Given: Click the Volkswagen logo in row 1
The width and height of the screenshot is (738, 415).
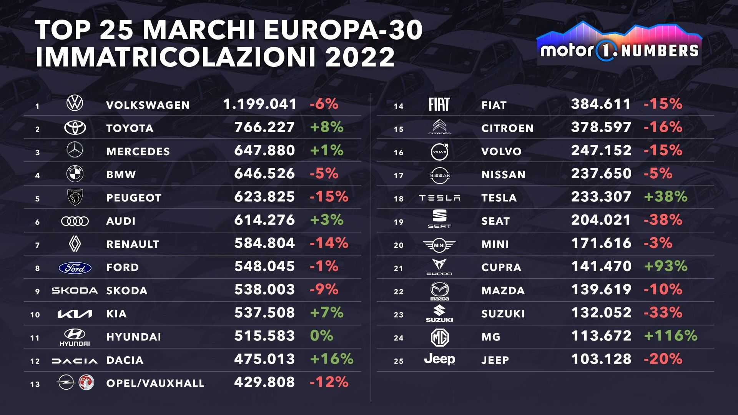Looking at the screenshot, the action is click(75, 104).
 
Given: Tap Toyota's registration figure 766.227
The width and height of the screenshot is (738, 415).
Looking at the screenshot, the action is click(264, 127).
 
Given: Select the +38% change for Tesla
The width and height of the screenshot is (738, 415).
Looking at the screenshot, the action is click(666, 197).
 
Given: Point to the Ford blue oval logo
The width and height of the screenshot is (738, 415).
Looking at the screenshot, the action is click(75, 268).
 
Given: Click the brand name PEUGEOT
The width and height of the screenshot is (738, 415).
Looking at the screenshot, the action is click(134, 198).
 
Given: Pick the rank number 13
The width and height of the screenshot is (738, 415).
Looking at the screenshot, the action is click(35, 384).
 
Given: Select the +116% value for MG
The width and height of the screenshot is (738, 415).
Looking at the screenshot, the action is click(671, 336).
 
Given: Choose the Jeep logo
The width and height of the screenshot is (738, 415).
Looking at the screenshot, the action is click(439, 359).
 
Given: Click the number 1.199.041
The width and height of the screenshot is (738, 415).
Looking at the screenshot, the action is click(260, 104).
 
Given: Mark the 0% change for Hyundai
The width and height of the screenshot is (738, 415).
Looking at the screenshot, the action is click(322, 336).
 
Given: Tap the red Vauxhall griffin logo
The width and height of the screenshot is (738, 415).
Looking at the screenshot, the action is click(86, 383).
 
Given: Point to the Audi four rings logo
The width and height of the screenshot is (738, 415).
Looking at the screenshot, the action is click(75, 221).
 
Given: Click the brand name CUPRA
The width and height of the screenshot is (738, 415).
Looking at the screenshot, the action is click(501, 267).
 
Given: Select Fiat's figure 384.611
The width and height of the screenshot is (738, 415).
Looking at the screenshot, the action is click(601, 104).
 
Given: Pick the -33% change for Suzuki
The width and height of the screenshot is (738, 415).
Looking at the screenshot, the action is click(663, 313).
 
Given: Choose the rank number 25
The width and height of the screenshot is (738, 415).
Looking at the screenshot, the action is click(399, 361).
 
